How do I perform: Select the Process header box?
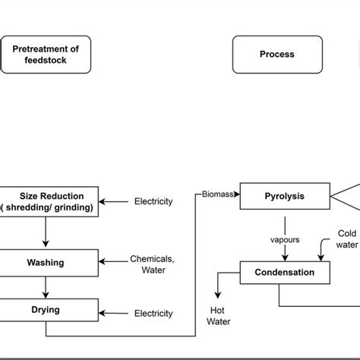click(x=276, y=55)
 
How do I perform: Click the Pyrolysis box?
click(x=285, y=196)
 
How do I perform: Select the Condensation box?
click(x=285, y=272)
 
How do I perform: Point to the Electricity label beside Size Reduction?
click(x=153, y=202)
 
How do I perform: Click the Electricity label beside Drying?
click(x=153, y=313)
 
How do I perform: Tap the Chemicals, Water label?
click(x=152, y=264)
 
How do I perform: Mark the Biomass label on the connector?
click(x=218, y=194)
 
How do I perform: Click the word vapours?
click(x=285, y=239)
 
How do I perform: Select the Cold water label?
click(x=346, y=239)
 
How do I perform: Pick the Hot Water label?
click(x=219, y=315)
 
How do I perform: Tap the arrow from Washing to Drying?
click(x=46, y=286)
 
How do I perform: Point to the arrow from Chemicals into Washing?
click(x=114, y=263)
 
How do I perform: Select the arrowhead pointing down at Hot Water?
click(x=219, y=294)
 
